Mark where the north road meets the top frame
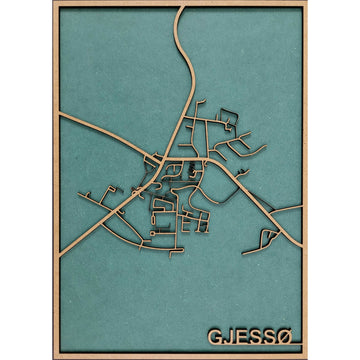(182, 8)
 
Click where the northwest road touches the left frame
(60, 117)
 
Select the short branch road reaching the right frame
(299, 207)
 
